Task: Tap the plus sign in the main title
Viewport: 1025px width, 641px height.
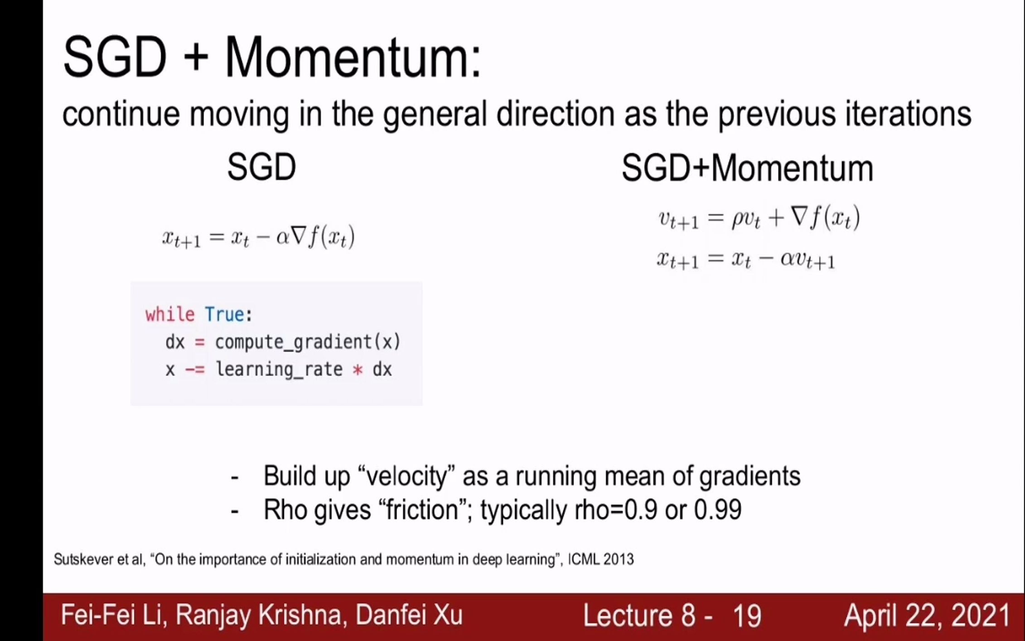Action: tap(196, 58)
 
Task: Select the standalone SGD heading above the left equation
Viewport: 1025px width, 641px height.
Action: tap(261, 167)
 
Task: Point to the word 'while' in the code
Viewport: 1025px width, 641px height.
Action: tap(170, 314)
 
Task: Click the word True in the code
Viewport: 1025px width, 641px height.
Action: tap(224, 314)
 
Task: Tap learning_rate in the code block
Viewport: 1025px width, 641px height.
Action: tap(279, 369)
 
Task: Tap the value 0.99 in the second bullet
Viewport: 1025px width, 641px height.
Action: tap(718, 510)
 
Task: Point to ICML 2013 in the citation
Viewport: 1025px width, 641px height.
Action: tap(601, 559)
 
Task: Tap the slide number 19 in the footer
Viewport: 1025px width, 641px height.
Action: tap(746, 616)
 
